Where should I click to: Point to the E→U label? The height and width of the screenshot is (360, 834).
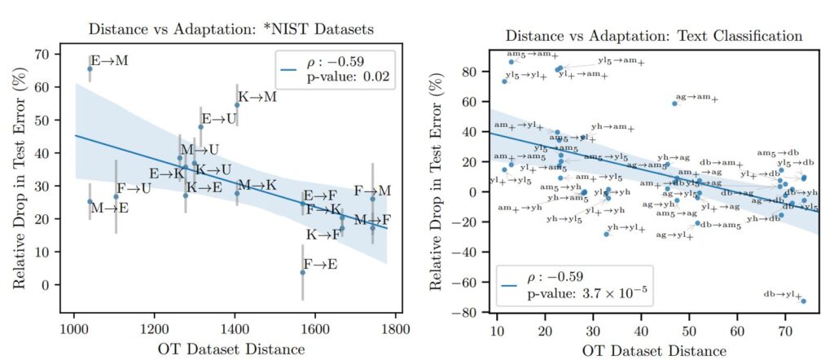(219, 120)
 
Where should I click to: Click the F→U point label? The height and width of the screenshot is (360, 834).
(134, 189)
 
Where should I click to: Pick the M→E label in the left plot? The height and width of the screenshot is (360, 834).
(109, 208)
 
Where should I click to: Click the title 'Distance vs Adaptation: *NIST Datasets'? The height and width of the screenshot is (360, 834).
(230, 29)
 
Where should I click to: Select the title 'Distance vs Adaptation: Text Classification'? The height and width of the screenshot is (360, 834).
(654, 37)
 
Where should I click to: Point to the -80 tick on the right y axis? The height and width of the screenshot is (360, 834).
(467, 313)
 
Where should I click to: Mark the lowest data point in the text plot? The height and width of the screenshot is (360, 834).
(803, 301)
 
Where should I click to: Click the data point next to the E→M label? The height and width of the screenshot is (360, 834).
(90, 69)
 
